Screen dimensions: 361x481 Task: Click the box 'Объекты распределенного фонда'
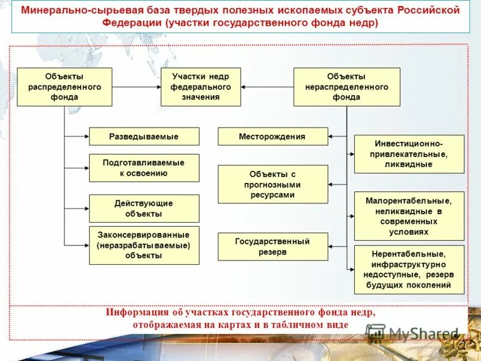point(64,87)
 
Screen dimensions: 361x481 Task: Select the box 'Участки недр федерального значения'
point(200,87)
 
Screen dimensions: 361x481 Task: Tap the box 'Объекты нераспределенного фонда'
point(346,87)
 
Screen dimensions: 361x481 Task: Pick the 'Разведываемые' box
point(144,137)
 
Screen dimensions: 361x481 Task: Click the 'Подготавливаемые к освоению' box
point(144,168)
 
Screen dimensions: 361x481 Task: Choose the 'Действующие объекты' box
point(144,208)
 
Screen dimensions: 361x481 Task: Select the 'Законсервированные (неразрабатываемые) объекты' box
point(144,245)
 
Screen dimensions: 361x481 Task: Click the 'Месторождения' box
point(272,137)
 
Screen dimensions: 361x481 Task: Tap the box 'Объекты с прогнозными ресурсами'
point(272,184)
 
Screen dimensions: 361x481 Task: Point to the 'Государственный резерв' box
point(272,247)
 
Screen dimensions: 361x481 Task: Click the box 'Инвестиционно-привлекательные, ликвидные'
point(409,154)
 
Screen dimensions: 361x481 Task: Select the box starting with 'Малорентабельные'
point(409,215)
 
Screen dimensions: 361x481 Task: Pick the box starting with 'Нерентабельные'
point(409,269)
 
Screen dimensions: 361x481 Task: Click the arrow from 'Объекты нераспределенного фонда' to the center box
point(267,87)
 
